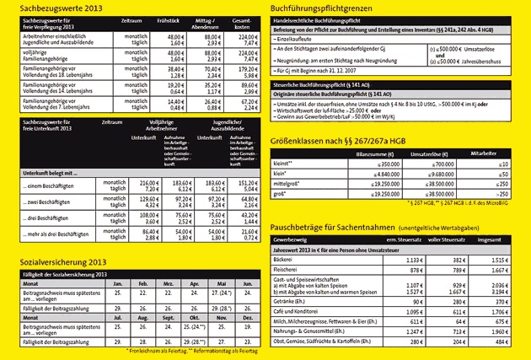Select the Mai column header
[222, 284]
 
